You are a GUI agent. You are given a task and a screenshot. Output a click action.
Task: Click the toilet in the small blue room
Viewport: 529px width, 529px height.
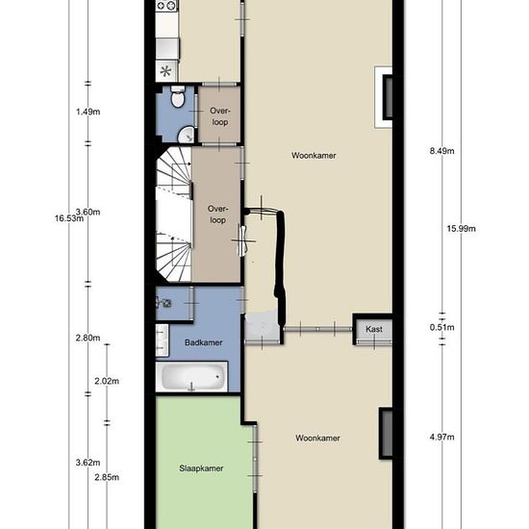click(x=178, y=96)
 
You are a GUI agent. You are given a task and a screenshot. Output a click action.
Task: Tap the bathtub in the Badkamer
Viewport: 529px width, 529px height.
click(x=191, y=376)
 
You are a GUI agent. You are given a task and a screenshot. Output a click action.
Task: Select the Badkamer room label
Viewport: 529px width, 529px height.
click(x=204, y=342)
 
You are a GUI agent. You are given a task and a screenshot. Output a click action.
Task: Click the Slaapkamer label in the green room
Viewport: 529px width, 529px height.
click(x=201, y=468)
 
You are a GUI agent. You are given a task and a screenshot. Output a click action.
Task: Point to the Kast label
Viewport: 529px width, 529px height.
click(x=374, y=329)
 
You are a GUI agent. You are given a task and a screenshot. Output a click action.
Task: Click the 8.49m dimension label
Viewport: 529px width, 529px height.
click(x=442, y=151)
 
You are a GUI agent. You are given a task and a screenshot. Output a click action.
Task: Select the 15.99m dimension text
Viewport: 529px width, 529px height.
click(x=461, y=228)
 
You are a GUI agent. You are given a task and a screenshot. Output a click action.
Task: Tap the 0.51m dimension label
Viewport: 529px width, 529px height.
click(x=442, y=327)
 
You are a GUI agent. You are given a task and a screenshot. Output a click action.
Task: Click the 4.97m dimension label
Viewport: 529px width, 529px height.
click(x=442, y=437)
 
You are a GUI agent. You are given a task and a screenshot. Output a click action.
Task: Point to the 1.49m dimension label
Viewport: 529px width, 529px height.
click(x=88, y=112)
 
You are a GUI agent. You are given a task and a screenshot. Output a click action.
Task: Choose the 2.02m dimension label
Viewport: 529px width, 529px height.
click(x=107, y=381)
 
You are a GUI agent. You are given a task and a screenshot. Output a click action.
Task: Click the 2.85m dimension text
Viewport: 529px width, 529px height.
click(x=107, y=477)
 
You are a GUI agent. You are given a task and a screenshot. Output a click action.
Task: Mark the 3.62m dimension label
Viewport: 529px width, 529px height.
click(x=88, y=463)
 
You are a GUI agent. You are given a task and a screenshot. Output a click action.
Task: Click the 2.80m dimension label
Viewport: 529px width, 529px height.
click(x=88, y=338)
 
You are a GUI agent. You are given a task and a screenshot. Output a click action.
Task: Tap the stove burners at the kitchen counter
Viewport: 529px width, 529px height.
click(x=166, y=6)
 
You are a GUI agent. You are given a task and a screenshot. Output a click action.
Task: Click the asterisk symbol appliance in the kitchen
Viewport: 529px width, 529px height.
click(x=165, y=71)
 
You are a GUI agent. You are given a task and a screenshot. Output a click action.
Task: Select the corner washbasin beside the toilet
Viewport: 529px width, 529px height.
click(x=186, y=135)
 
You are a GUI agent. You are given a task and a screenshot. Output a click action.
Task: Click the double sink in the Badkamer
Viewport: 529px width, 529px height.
click(x=162, y=340)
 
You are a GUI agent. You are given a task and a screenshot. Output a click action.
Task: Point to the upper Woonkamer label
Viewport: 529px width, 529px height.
click(x=314, y=156)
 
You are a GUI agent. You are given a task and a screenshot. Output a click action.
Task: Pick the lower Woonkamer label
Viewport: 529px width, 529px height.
click(x=317, y=438)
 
